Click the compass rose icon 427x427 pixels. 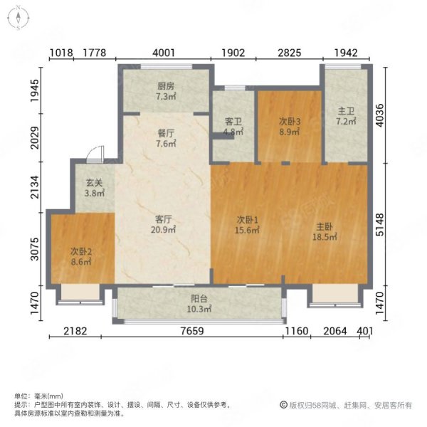pos(19,18)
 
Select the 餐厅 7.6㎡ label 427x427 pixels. pos(166,138)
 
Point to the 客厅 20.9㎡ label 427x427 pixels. pos(163,225)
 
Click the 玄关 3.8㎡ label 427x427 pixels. pos(95,188)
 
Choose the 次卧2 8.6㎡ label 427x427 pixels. pos(81,256)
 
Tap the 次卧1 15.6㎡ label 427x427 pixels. pos(247,225)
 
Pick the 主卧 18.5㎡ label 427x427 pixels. pos(325,232)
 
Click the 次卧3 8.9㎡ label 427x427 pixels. pos(290,127)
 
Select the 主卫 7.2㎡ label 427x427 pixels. pos(346,116)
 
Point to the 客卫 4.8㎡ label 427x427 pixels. pos(233,127)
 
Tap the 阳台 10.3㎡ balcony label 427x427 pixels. pos(199,304)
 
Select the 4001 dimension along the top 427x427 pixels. pos(164,53)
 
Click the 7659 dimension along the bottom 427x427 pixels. pos(192,331)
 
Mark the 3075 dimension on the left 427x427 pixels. pos(35,249)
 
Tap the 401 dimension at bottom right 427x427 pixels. pos(364,331)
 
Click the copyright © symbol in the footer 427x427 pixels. pos(283,405)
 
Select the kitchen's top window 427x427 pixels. pos(166,66)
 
